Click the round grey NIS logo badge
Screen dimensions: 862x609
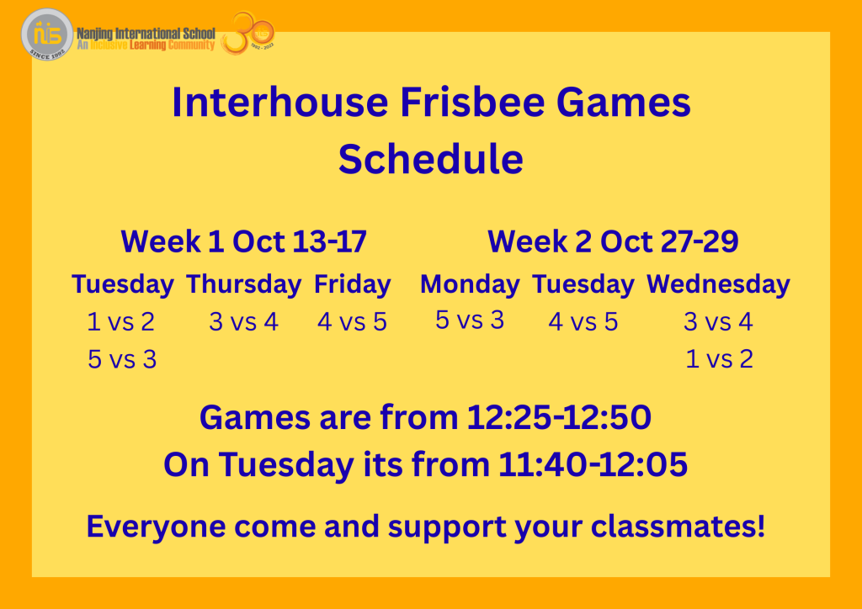(x=47, y=34)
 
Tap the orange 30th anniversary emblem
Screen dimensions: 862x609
(x=248, y=34)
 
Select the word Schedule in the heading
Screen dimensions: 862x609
(x=430, y=159)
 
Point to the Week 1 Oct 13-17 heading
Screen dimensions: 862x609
(x=243, y=241)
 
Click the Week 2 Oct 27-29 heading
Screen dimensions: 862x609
(x=613, y=241)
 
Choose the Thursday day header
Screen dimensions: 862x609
(x=243, y=284)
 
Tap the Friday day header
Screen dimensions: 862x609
(x=353, y=284)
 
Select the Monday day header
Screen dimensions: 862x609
(x=470, y=284)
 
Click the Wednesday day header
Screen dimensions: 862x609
(x=718, y=284)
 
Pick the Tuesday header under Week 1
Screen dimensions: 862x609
(x=123, y=284)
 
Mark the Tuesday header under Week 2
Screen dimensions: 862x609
(x=583, y=284)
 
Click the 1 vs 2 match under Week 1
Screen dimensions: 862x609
(x=121, y=322)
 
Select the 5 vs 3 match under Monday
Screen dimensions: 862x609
(x=470, y=320)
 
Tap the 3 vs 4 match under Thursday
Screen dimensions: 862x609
(x=243, y=322)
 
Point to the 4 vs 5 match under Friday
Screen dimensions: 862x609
(x=353, y=322)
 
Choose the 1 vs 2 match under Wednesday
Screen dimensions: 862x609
(x=719, y=359)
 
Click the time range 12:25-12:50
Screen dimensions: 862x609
(x=559, y=417)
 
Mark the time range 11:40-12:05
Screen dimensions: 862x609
(x=593, y=464)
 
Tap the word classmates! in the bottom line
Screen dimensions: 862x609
(x=678, y=526)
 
